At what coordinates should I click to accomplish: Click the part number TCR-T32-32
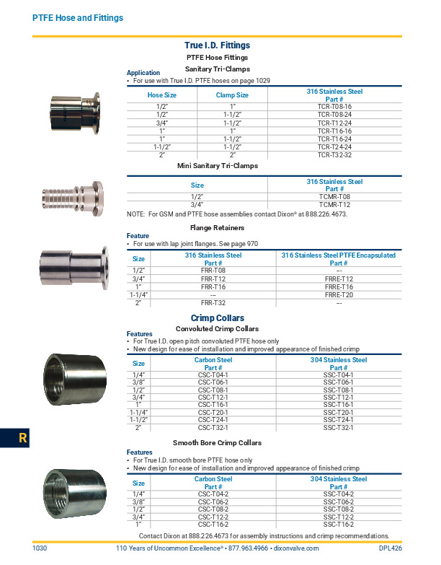coord(334,154)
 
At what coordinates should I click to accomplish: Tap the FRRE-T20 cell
coord(339,294)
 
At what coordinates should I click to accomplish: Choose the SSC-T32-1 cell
coord(338,427)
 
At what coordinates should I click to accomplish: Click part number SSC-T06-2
coord(338,502)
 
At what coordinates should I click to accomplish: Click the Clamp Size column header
coord(232,95)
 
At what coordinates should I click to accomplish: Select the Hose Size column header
coord(162,95)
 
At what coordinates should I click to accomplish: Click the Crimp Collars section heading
coord(217,317)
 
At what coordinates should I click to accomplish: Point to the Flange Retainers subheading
coord(217,227)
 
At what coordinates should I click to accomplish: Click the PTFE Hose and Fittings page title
coord(78,18)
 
